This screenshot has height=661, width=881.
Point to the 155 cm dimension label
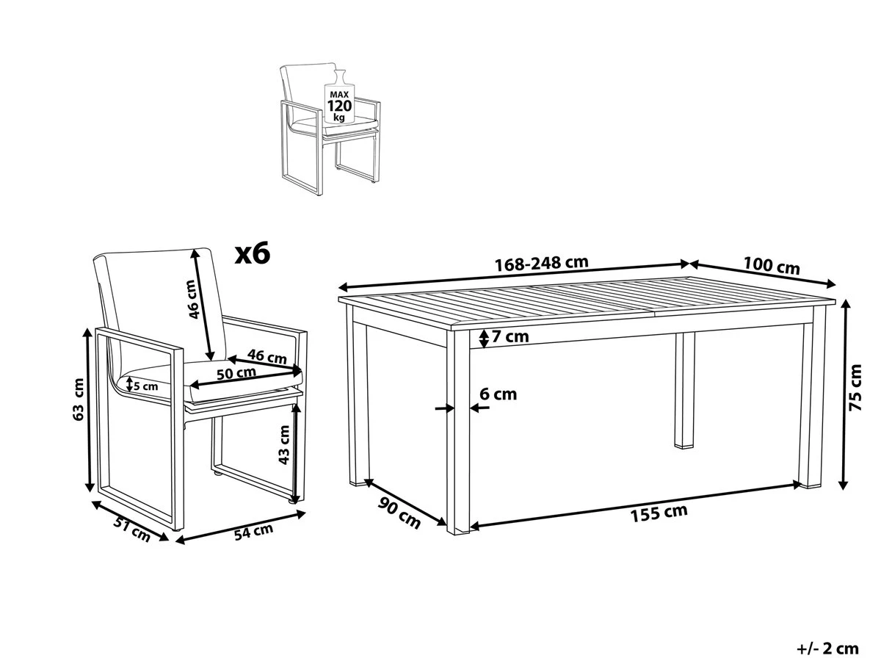point(659,513)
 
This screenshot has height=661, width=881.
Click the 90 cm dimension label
point(399,512)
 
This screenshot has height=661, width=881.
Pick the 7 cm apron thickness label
point(511,337)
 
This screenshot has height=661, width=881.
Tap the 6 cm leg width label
point(498,394)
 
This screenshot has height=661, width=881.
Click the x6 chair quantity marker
point(253,254)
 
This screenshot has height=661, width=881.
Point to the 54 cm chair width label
point(253,531)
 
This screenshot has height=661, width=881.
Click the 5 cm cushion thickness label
point(144,386)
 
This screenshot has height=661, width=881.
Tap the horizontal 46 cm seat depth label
point(267,358)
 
